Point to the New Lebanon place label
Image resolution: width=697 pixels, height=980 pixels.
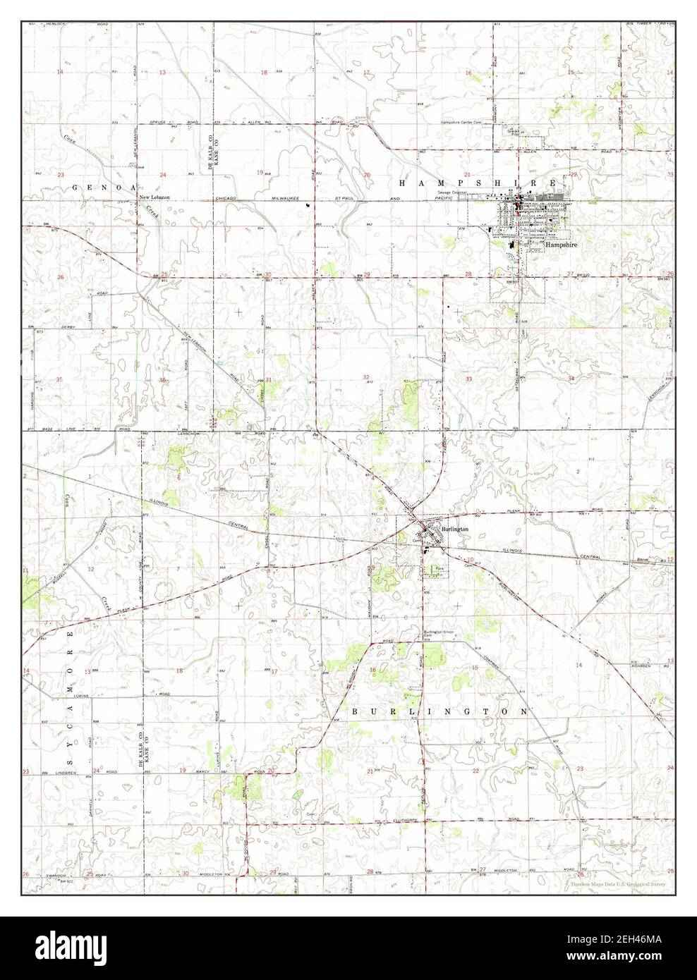[x=154, y=197]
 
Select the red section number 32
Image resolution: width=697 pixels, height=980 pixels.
[x=367, y=378]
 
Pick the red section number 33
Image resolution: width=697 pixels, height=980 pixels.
[x=468, y=379]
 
